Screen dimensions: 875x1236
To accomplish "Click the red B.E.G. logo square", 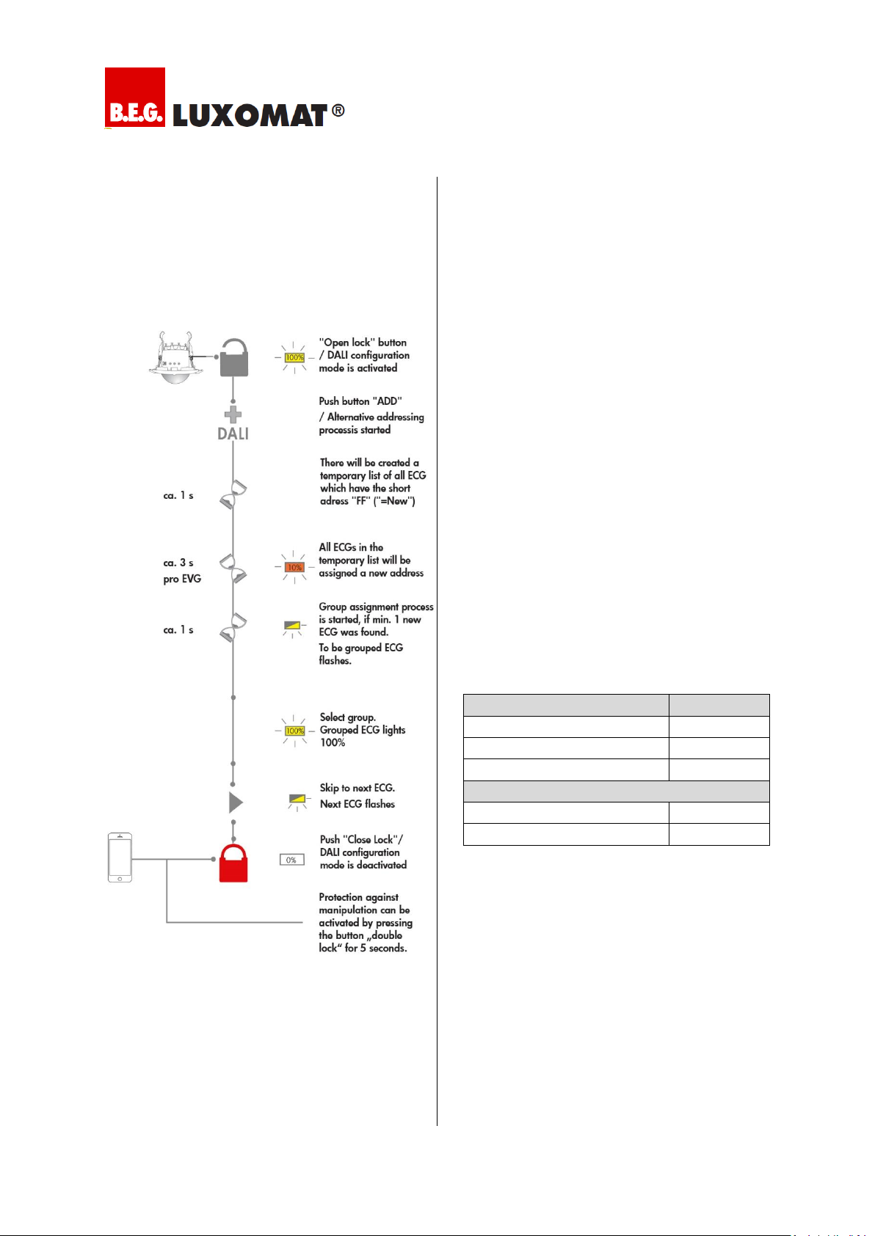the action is (135, 97).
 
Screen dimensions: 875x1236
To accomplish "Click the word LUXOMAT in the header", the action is (250, 116).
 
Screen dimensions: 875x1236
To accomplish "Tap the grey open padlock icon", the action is (234, 357).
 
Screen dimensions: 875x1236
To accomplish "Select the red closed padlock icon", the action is (233, 863).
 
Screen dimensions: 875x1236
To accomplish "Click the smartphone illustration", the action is (120, 857).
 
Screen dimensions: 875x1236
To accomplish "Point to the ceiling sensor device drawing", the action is (175, 357).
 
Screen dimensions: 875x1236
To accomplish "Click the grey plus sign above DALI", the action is (233, 415).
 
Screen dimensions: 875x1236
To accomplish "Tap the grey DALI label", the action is (233, 434).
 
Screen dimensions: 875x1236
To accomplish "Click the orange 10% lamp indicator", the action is (295, 567).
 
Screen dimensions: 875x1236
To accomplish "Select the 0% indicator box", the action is (291, 860).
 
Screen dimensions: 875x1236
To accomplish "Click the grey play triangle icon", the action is (236, 802).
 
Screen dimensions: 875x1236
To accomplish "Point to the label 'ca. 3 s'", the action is (178, 563).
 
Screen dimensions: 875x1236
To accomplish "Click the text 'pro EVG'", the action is (182, 579).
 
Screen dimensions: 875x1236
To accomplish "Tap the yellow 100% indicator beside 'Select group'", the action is (295, 731).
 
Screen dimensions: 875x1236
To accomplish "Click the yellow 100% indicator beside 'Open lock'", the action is (295, 357).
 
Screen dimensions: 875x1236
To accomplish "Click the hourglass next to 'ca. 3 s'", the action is (233, 568).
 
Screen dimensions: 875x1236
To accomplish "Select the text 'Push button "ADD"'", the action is (360, 401).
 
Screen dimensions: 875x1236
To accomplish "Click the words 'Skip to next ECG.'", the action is (357, 788).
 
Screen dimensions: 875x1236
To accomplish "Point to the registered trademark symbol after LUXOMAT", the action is (338, 111).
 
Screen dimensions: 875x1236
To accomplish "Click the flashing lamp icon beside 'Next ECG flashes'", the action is (297, 801).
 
